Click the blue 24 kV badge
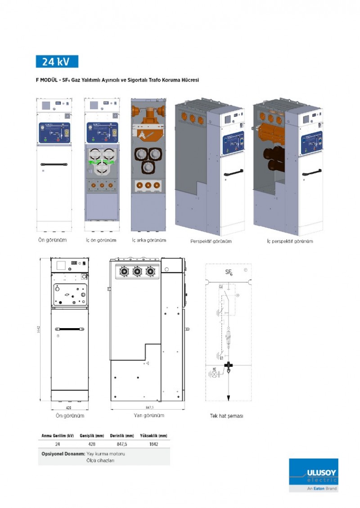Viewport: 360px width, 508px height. (57, 62)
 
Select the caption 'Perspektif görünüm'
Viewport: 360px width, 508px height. (211, 241)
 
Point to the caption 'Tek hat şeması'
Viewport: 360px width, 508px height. (227, 416)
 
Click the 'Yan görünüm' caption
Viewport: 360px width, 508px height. (149, 415)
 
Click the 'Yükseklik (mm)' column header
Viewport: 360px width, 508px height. (154, 436)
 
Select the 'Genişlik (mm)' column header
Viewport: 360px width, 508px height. (92, 436)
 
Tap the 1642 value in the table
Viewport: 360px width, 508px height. (153, 444)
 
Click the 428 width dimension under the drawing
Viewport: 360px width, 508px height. (69, 407)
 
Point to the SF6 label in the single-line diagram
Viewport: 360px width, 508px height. (229, 272)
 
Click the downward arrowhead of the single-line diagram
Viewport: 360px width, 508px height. (229, 398)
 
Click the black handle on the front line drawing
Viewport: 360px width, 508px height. (69, 329)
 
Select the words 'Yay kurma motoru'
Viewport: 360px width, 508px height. (106, 454)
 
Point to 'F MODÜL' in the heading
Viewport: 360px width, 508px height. (46, 80)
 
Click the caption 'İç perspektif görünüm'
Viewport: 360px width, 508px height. (290, 241)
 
